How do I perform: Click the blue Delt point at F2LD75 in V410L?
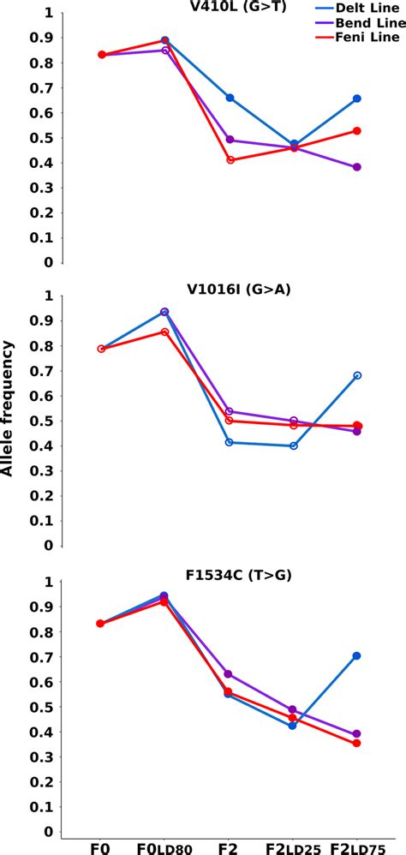357,99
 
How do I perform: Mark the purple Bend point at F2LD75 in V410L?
357,167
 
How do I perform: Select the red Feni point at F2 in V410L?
230,160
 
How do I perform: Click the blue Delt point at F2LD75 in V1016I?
357,375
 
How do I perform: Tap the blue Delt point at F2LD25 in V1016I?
294,445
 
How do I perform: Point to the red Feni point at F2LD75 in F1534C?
357,743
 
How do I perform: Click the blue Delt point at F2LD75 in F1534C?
357,655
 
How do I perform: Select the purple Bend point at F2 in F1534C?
230,674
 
